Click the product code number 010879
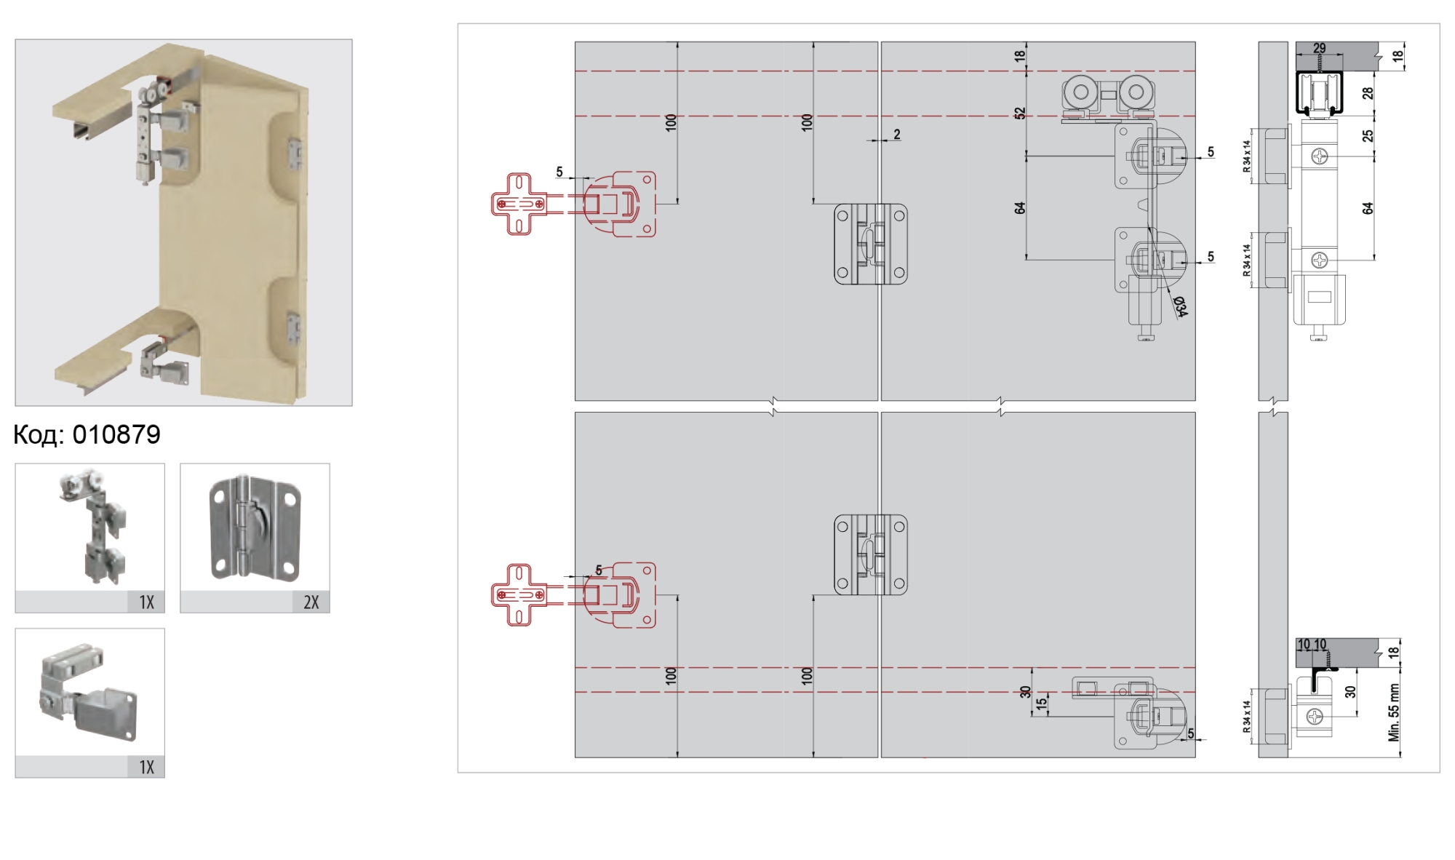(x=116, y=434)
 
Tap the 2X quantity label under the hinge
(x=311, y=602)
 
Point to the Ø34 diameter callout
(x=1180, y=307)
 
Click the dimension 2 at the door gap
(x=897, y=135)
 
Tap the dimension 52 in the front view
(x=1020, y=114)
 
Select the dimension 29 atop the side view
(x=1319, y=49)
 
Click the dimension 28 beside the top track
(x=1368, y=93)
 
